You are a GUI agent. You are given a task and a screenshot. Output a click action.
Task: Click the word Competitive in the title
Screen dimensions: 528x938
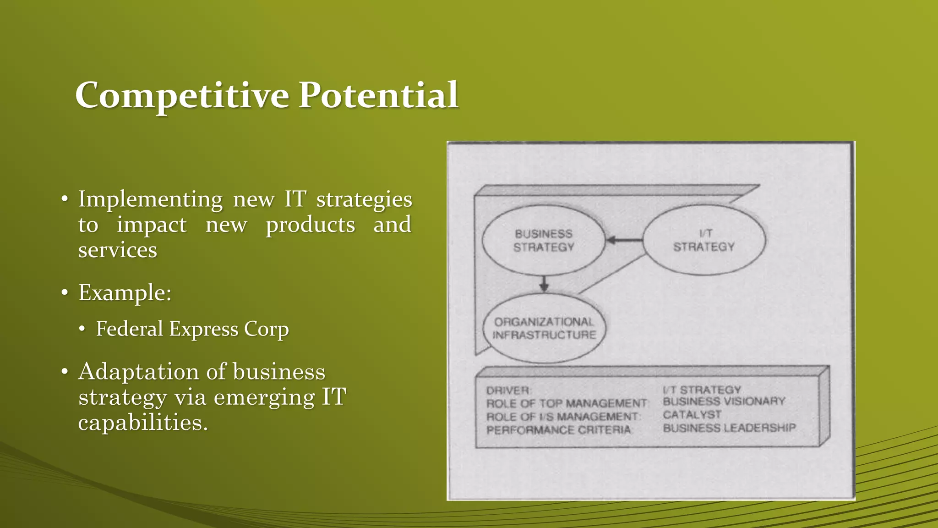coord(182,95)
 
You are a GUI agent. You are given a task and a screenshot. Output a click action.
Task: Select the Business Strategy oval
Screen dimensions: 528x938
coord(544,241)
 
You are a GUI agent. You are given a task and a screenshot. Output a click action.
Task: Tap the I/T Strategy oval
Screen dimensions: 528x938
coord(704,240)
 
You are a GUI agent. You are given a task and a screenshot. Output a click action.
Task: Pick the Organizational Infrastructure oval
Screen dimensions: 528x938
coord(544,329)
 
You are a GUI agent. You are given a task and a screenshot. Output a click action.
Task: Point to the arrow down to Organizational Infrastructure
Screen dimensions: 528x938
coord(544,284)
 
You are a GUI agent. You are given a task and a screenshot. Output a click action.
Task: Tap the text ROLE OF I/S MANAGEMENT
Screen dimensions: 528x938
coord(563,417)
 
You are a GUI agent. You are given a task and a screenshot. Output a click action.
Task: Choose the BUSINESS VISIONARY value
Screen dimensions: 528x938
coord(724,401)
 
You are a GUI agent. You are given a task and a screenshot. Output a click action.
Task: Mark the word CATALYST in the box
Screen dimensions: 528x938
coord(692,415)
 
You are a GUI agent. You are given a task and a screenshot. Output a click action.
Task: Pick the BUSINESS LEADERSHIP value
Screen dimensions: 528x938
coord(730,428)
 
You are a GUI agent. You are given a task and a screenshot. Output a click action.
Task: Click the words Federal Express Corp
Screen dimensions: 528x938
coord(192,329)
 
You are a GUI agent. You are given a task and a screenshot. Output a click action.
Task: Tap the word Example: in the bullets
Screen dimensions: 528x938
coord(125,292)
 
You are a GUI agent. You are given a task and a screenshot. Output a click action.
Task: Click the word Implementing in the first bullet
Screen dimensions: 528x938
coord(150,199)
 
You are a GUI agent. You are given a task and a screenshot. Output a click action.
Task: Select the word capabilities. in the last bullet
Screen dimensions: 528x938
coord(143,422)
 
